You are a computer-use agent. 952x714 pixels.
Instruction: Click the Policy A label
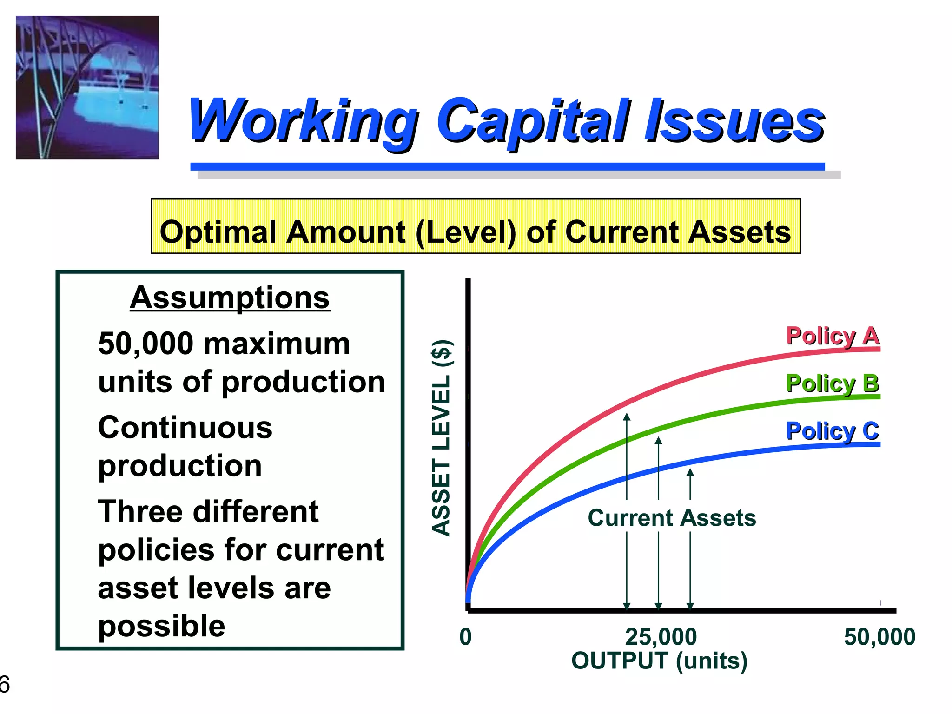832,336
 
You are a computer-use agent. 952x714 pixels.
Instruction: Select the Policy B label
832,383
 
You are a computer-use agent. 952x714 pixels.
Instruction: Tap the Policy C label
832,431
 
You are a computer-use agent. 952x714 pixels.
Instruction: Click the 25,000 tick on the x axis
661,636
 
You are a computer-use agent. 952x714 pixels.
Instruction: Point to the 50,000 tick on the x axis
879,636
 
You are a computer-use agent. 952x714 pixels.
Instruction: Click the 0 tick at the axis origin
465,636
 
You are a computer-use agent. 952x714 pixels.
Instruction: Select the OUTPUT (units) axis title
659,661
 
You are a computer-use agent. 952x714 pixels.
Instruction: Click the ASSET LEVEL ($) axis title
441,437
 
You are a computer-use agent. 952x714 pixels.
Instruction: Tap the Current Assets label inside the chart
671,518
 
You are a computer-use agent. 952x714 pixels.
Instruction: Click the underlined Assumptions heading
230,297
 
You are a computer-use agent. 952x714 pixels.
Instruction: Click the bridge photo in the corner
87,87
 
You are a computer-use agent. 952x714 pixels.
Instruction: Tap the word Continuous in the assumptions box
185,428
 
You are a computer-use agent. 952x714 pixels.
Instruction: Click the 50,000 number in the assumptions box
145,344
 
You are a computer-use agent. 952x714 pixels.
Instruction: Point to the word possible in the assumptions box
161,626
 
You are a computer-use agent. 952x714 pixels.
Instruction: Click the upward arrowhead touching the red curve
627,416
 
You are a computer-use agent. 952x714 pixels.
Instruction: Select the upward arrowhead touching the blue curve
690,472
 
